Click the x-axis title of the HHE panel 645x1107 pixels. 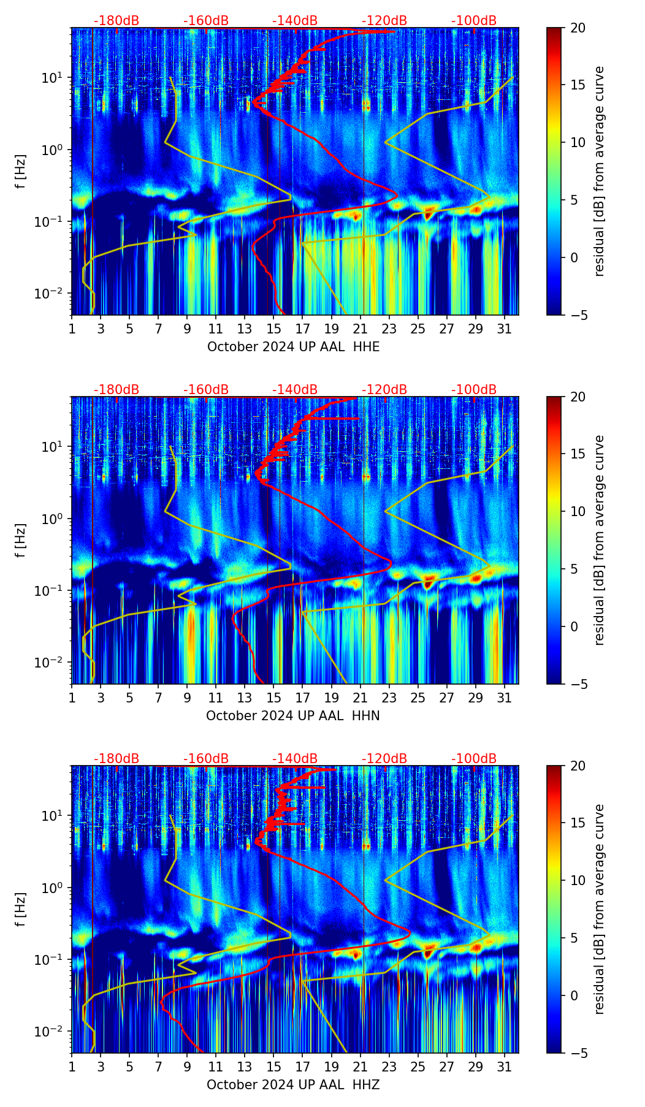[293, 347]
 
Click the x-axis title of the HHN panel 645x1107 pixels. [293, 716]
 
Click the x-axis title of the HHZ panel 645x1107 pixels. [293, 1085]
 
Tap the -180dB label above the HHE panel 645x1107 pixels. [116, 21]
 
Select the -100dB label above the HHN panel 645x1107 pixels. [474, 390]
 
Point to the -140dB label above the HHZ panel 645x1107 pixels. [295, 759]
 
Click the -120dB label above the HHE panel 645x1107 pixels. [384, 21]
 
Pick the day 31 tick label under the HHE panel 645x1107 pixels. [505, 329]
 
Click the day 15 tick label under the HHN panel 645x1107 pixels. [273, 698]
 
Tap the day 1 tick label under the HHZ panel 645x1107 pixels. [72, 1067]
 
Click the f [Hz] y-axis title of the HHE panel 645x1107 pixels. [21, 171]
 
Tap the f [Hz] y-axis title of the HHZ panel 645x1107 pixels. [21, 909]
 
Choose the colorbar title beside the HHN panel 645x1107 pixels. [599, 540]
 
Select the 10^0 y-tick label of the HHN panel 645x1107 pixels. [48, 519]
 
